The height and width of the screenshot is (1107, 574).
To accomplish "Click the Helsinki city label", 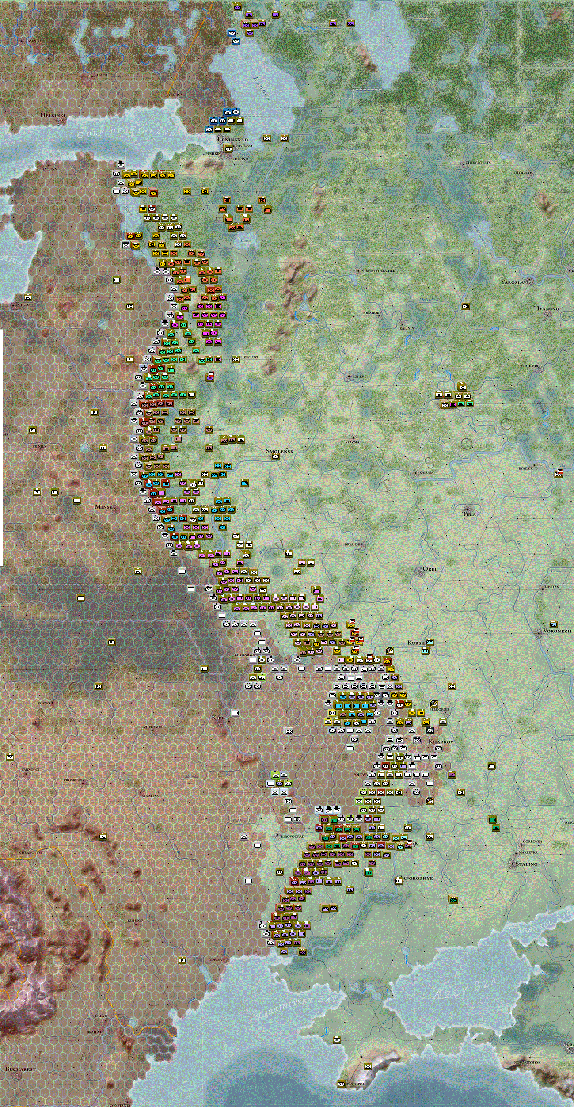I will click(53, 115).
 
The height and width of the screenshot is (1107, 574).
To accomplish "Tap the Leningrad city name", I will click(232, 140).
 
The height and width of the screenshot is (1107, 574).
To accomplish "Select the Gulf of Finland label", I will click(126, 132).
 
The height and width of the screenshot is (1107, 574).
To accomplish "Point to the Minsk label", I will click(104, 507).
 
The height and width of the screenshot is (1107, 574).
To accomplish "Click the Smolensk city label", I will click(279, 451).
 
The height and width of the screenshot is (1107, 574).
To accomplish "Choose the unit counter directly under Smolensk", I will click(275, 457).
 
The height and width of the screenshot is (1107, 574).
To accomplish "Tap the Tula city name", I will click(469, 514).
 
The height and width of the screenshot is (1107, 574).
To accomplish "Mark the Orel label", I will click(430, 569).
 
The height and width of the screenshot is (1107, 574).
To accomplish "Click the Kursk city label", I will click(416, 643).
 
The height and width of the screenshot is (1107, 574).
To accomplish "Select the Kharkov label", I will click(441, 742).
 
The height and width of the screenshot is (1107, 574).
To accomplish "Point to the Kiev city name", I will click(218, 718).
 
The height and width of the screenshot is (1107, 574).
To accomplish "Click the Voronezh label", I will click(557, 631).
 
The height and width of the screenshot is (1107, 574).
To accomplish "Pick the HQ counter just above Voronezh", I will click(553, 625).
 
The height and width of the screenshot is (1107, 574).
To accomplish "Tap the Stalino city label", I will click(526, 864).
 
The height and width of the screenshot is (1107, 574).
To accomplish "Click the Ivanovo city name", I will click(548, 308).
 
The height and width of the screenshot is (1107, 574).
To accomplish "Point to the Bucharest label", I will click(20, 1069).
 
